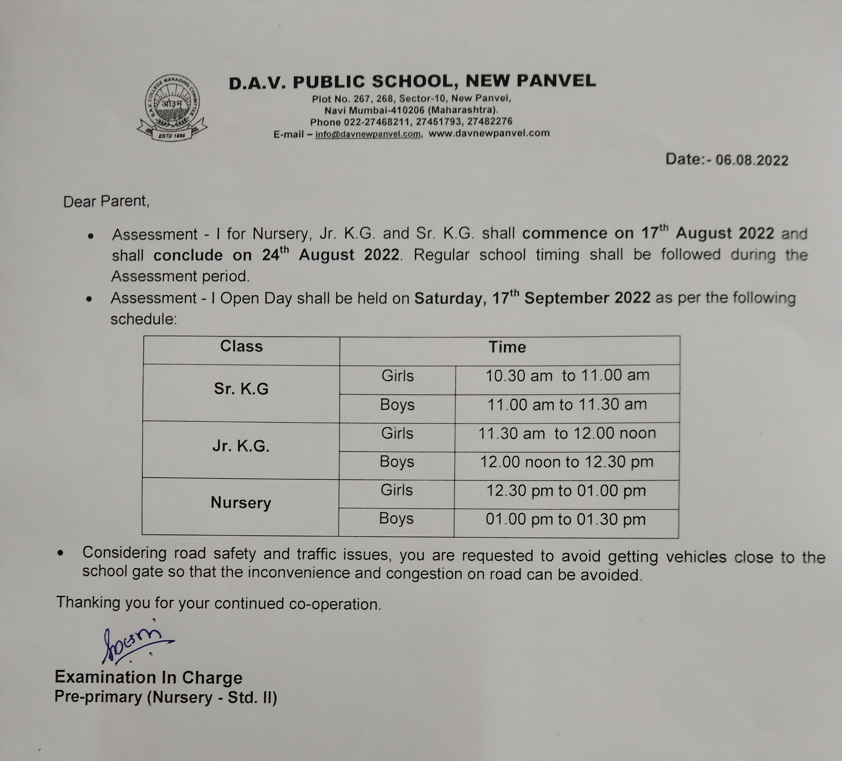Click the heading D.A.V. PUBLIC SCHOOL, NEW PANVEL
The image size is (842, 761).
point(412,81)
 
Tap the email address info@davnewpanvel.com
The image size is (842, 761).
point(368,134)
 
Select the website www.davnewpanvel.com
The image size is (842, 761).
point(489,133)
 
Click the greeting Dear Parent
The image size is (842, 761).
point(106,201)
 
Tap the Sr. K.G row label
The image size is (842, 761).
point(241,389)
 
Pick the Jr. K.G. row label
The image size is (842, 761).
point(241,446)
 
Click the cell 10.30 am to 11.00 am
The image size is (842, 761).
point(567,375)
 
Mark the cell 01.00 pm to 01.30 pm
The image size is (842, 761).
point(565,519)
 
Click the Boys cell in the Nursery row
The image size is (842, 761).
point(396,518)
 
